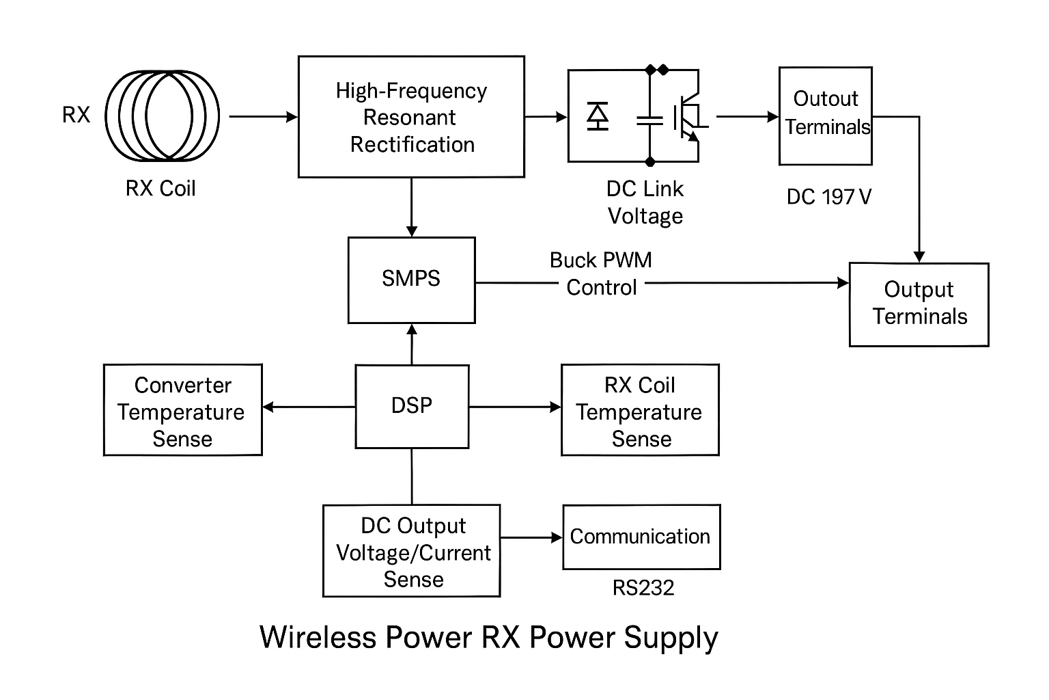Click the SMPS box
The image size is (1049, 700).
(x=411, y=280)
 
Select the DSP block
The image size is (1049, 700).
(x=412, y=406)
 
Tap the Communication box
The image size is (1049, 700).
(x=641, y=537)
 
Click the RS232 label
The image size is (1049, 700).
(x=643, y=588)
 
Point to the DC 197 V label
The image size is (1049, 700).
(x=828, y=197)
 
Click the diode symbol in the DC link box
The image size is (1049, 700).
(x=598, y=116)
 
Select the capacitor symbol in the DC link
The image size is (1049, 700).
(x=649, y=120)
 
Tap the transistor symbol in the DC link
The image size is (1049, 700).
(x=687, y=116)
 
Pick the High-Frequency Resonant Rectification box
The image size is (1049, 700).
(x=411, y=117)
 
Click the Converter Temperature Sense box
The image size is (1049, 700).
(x=182, y=410)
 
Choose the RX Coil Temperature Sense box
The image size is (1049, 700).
(x=640, y=410)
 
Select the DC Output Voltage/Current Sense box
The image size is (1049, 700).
(x=412, y=551)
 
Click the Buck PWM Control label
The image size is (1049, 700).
(x=601, y=273)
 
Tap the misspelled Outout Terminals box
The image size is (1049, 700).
(x=826, y=116)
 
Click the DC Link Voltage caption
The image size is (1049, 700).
(x=645, y=202)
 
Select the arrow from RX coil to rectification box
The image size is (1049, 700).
(x=263, y=117)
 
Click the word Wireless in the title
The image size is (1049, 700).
(x=318, y=637)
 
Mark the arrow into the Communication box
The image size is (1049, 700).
(x=531, y=538)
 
